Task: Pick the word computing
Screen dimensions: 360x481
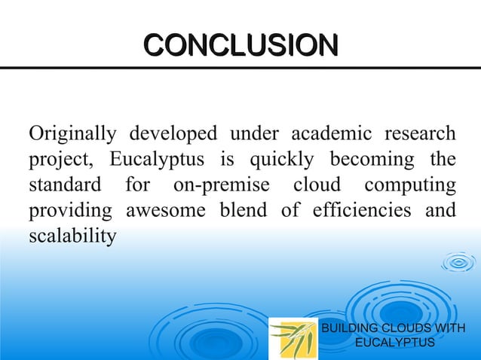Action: coord(409,186)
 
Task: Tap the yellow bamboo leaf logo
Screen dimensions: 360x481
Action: coord(293,336)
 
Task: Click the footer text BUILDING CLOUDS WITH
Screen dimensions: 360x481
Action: coord(394,329)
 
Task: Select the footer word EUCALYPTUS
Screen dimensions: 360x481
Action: coord(394,343)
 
